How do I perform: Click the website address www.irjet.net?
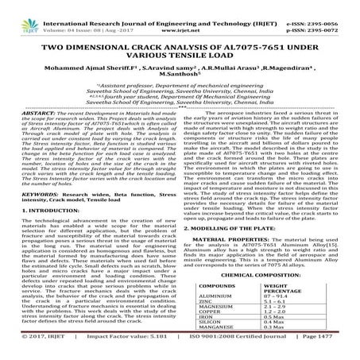coord(180,17)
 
